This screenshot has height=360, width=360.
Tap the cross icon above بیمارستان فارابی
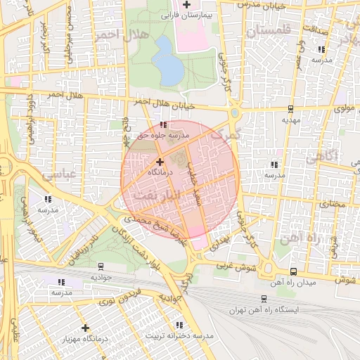tap(186, 5)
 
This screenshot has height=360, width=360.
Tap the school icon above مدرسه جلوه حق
tap(163, 124)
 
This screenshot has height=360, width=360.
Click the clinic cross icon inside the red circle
tap(160, 162)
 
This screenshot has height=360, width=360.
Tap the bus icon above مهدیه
tap(290, 109)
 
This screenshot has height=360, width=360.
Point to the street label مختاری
tap(334, 204)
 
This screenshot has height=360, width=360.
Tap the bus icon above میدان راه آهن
tap(292, 271)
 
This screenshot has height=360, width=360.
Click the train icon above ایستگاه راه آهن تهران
tap(264, 299)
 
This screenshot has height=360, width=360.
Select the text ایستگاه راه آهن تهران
tap(264, 310)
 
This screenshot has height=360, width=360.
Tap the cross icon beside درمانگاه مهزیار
tap(85, 328)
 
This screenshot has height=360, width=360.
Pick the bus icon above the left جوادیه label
tap(101, 266)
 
